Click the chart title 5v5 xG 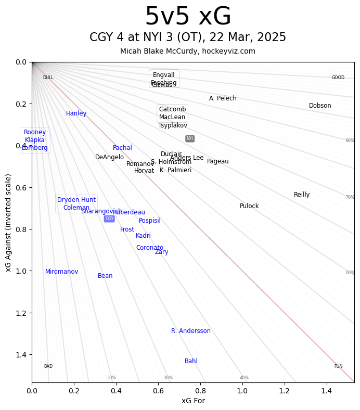coord(188,17)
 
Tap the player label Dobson coord(320,106)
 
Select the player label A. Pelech coord(223,98)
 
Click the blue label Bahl coord(191,361)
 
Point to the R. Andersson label coord(191,331)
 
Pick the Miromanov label coord(62,272)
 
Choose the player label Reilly coord(302,195)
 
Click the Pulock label coord(249,206)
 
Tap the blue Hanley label coord(76,113)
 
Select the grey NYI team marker coord(190,138)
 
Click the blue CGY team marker coord(109,219)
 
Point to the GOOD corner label coord(338,78)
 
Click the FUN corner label coord(338,366)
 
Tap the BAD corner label coord(48,366)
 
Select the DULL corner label coord(48,78)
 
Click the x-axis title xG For coord(193,401)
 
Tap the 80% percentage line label coord(350,140)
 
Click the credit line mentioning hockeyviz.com coord(188,51)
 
